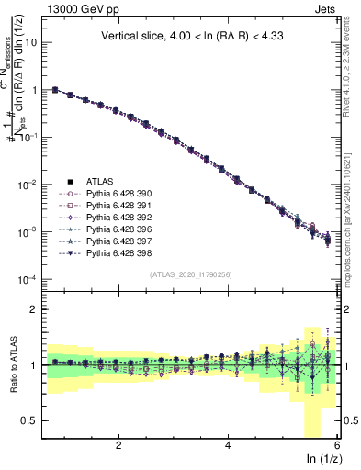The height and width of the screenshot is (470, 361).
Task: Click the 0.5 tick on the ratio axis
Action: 31,420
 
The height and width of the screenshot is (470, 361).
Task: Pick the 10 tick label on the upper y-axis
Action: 31,43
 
